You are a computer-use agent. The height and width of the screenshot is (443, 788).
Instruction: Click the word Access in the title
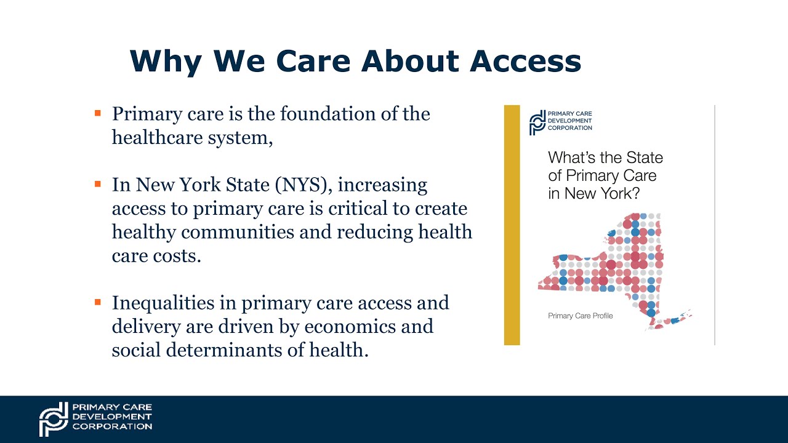coord(525,61)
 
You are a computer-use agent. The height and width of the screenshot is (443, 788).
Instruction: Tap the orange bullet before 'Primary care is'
coord(97,113)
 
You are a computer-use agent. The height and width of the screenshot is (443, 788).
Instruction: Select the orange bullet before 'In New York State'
coord(97,184)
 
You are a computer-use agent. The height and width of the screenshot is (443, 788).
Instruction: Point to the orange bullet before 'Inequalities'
coord(97,302)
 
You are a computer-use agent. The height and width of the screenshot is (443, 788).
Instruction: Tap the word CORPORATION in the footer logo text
coord(112,426)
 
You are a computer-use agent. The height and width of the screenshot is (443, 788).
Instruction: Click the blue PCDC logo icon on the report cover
coord(537,122)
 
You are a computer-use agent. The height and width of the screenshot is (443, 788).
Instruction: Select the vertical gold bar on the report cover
coord(512,225)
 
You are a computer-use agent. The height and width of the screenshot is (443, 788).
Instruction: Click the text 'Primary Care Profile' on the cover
coord(581,316)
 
